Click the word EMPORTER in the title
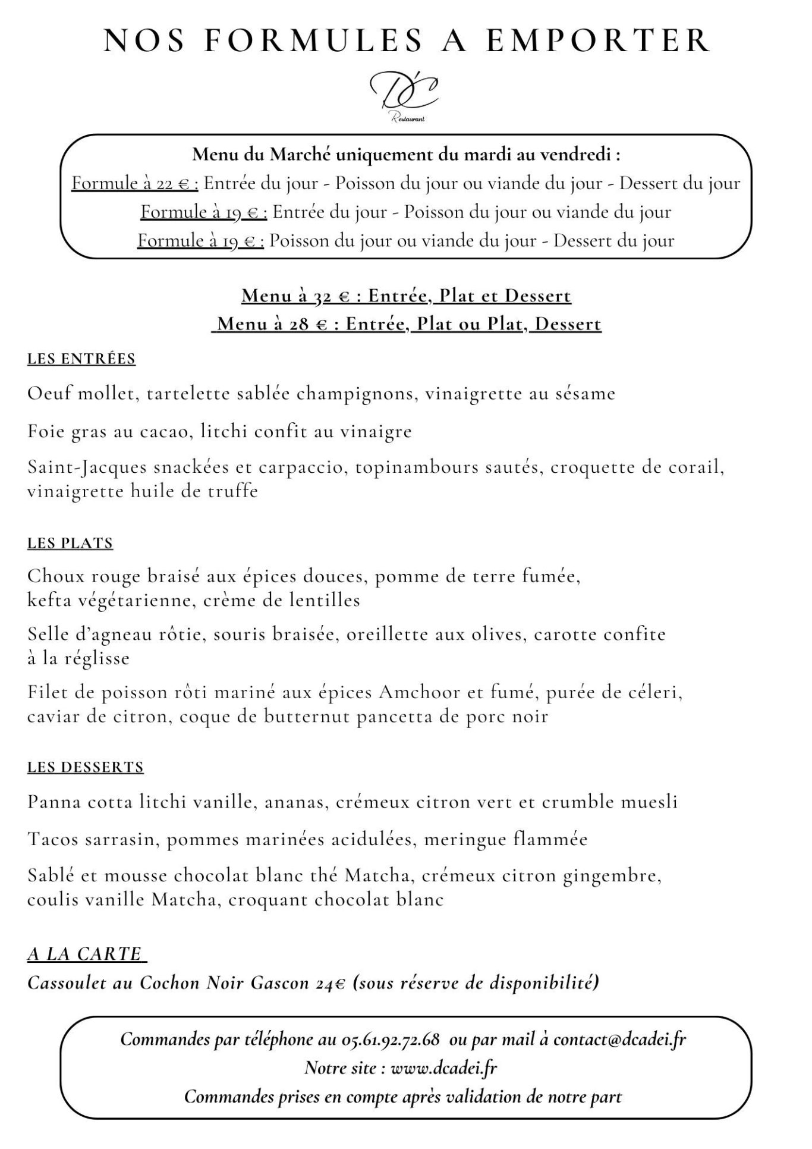pyautogui.click(x=597, y=40)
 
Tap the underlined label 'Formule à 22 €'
pyautogui.click(x=135, y=183)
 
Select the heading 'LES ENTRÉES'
pyautogui.click(x=81, y=359)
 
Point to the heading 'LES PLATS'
pyautogui.click(x=70, y=543)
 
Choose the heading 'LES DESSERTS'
pyautogui.click(x=86, y=767)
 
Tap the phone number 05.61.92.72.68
pyautogui.click(x=391, y=1039)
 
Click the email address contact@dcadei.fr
pyautogui.click(x=619, y=1039)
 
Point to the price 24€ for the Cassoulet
pyautogui.click(x=331, y=983)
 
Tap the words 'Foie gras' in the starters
pyautogui.click(x=65, y=431)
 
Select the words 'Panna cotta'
pyautogui.click(x=79, y=802)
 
